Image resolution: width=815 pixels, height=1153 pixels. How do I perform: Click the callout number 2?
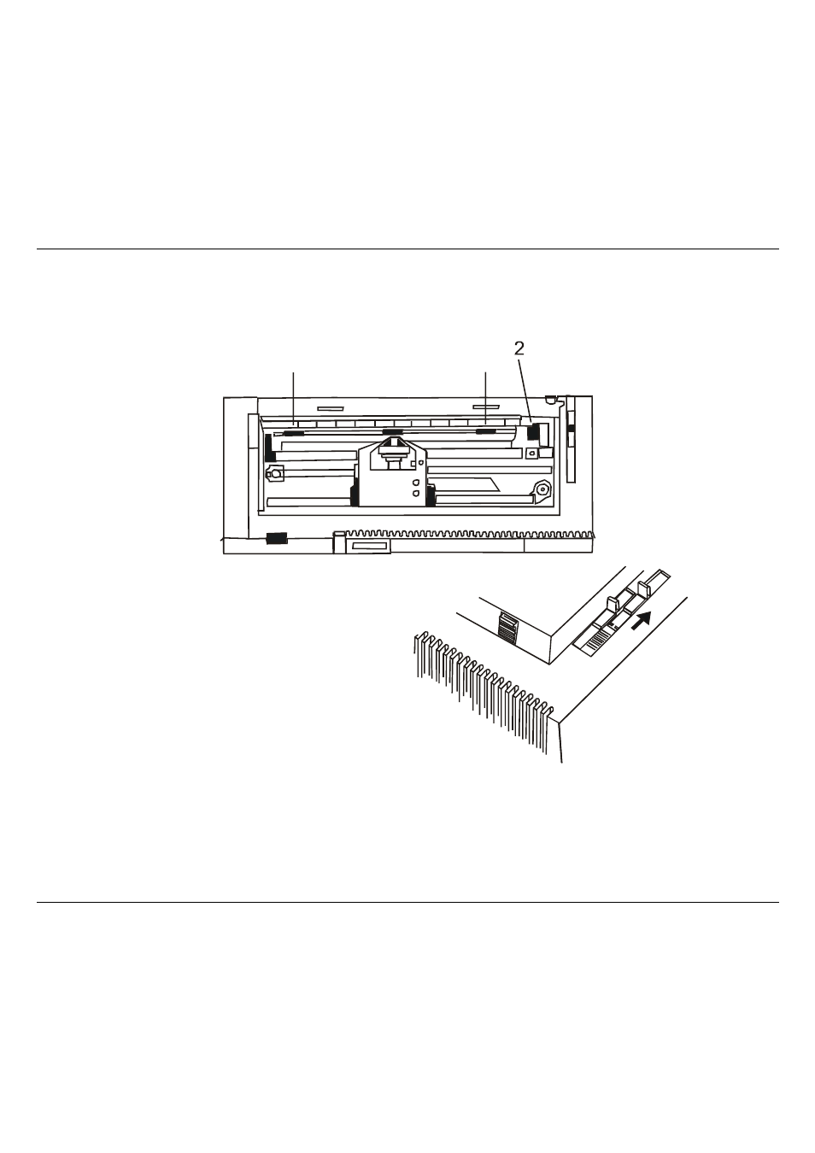point(519,348)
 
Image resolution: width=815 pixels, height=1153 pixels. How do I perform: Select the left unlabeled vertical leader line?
point(294,398)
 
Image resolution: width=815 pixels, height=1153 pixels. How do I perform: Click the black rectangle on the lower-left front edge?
point(276,538)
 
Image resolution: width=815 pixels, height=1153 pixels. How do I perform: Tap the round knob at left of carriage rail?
point(275,473)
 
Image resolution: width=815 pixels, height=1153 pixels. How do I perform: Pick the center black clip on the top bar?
point(392,431)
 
